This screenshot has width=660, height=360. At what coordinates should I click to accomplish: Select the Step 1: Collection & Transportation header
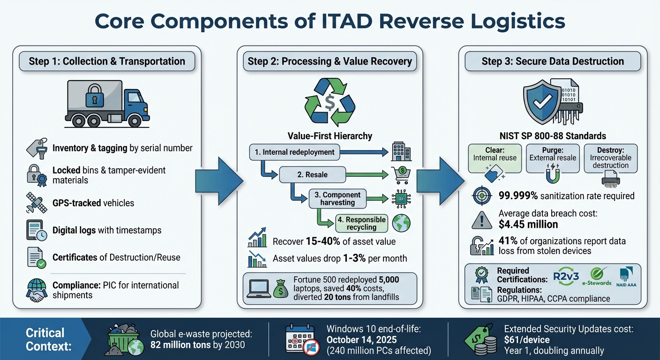(x=107, y=61)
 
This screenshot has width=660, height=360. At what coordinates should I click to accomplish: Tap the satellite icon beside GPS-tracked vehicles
(x=37, y=203)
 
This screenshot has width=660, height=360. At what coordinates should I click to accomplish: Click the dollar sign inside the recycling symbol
(x=330, y=102)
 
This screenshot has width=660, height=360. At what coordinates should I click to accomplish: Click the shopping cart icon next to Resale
(x=401, y=174)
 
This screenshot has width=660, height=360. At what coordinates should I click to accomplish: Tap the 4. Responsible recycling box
(x=361, y=223)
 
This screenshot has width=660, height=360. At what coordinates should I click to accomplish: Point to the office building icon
(x=401, y=152)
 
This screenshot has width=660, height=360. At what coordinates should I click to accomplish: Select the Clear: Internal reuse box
(x=495, y=158)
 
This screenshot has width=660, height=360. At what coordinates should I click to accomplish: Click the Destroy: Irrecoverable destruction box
(x=610, y=158)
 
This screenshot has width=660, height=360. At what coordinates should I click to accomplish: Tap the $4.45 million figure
(x=528, y=224)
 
